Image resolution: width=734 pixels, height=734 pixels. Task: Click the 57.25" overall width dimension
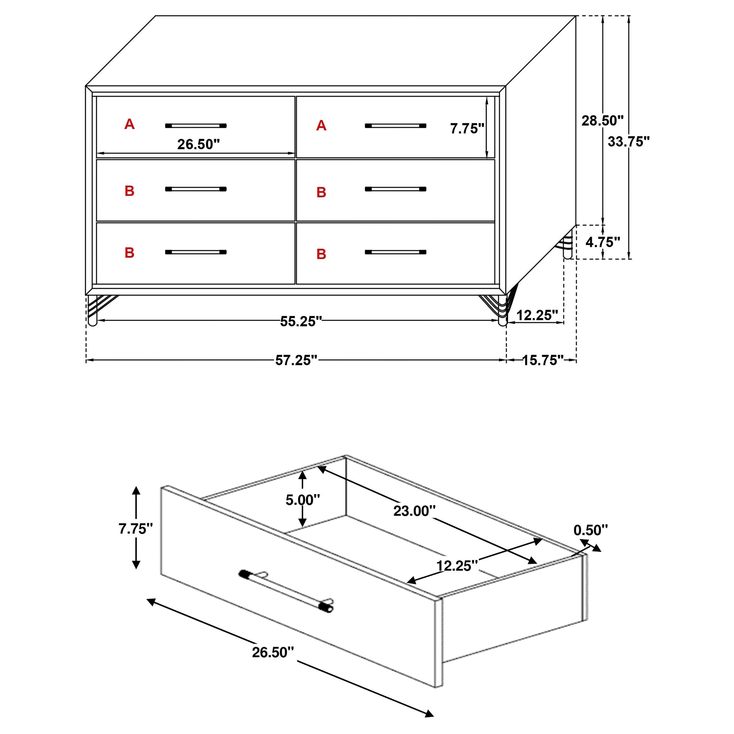pyautogui.click(x=296, y=360)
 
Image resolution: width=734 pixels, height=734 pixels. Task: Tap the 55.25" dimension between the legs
pyautogui.click(x=301, y=321)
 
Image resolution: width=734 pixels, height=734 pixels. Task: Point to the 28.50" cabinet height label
pyautogui.click(x=602, y=121)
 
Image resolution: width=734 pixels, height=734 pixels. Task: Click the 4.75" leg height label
pyautogui.click(x=602, y=242)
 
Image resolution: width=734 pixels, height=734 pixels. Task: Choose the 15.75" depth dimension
pyautogui.click(x=543, y=360)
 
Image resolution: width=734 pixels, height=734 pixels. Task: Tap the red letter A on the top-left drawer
pyautogui.click(x=129, y=124)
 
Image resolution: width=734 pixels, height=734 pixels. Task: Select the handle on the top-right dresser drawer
pyautogui.click(x=395, y=126)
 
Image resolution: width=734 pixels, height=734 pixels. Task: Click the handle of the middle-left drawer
pyautogui.click(x=196, y=189)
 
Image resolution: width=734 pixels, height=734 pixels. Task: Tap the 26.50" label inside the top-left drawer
pyautogui.click(x=198, y=144)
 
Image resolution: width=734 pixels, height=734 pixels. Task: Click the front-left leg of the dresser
pyautogui.click(x=93, y=312)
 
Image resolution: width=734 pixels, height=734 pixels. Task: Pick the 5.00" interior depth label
pyautogui.click(x=303, y=500)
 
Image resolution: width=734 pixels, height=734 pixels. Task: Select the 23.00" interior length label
pyautogui.click(x=414, y=511)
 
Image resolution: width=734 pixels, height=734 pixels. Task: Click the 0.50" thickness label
pyautogui.click(x=590, y=530)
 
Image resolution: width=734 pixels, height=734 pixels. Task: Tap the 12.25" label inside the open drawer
pyautogui.click(x=457, y=566)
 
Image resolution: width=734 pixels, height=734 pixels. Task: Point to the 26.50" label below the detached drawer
pyautogui.click(x=273, y=652)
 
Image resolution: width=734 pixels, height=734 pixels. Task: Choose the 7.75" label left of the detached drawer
pyautogui.click(x=136, y=528)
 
